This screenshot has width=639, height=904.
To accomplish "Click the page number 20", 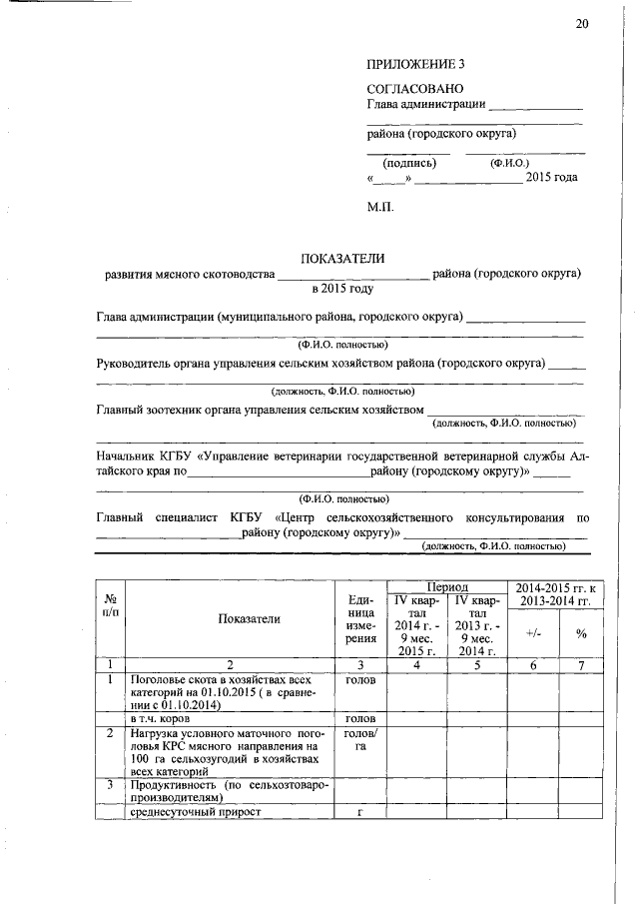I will pyautogui.click(x=582, y=23).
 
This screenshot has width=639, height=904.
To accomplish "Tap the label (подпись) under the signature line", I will pyautogui.click(x=409, y=162).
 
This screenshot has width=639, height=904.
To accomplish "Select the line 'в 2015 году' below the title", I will pyautogui.click(x=342, y=289).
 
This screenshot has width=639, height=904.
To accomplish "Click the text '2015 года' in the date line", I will pyautogui.click(x=552, y=177).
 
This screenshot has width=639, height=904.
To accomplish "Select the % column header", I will pyautogui.click(x=580, y=632).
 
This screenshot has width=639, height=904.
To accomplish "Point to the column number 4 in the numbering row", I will pyautogui.click(x=416, y=664).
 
